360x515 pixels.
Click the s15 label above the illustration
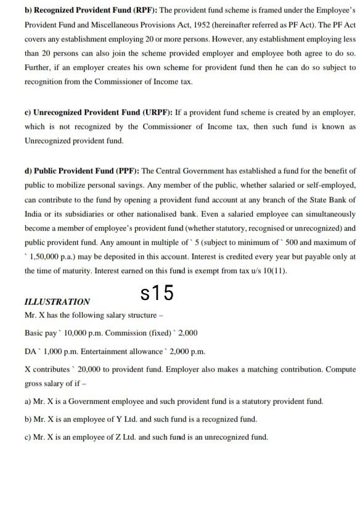coord(157,293)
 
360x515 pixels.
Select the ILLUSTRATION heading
coord(57,302)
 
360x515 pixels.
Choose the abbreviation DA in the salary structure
coord(30,351)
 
